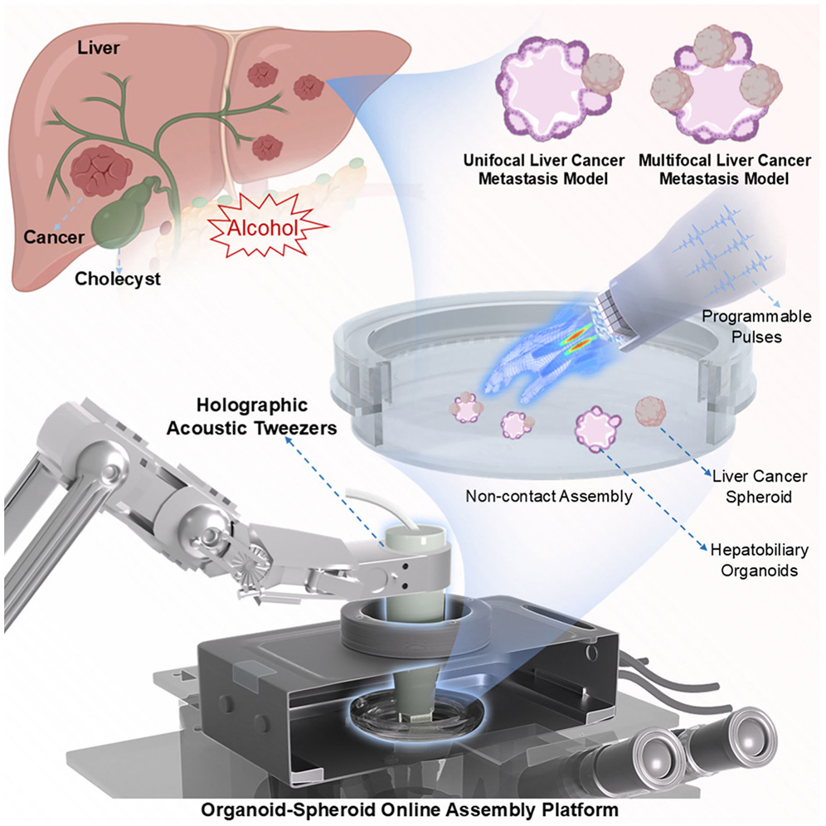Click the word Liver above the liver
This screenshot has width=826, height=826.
(95, 49)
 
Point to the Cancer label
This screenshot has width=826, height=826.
(52, 237)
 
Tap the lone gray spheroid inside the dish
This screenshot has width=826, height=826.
(651, 412)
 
